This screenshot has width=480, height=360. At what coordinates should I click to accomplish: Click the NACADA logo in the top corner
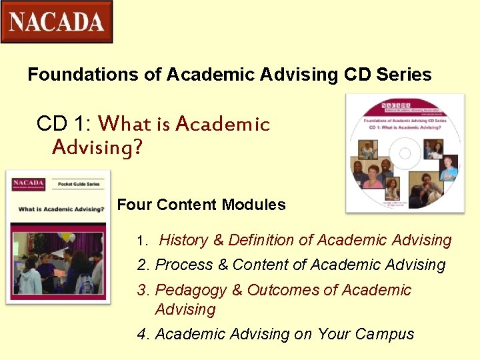(x=57, y=22)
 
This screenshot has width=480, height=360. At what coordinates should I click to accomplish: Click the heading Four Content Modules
(x=201, y=205)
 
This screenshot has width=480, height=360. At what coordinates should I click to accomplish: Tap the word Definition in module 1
(x=265, y=240)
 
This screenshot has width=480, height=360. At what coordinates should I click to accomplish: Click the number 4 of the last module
(x=141, y=334)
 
